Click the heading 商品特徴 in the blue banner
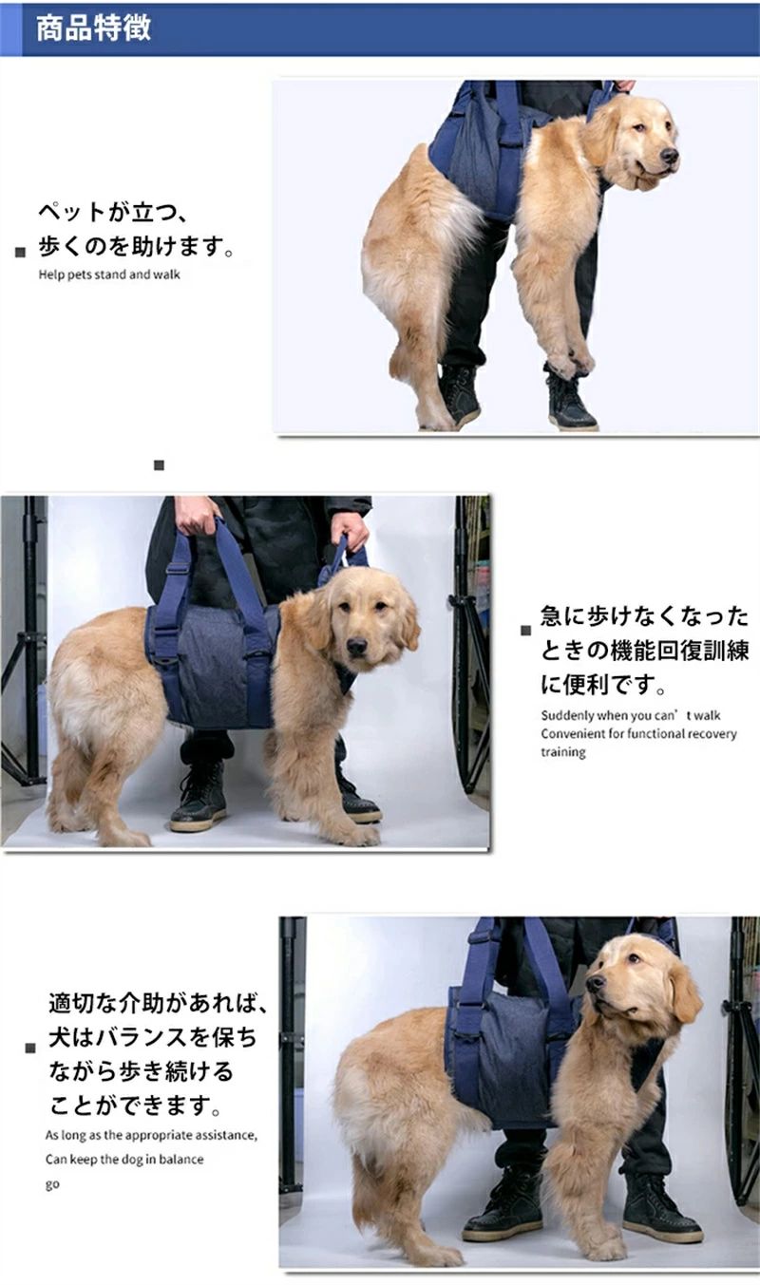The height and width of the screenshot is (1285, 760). pos(93,28)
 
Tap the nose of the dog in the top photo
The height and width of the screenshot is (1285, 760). pos(669,156)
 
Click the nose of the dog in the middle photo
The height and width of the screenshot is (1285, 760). pos(356,647)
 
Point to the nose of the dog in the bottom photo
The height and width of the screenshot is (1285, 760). pos(596,983)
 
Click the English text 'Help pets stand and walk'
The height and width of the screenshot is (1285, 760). pos(109,274)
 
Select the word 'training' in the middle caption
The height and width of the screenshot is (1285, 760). pos(563,752)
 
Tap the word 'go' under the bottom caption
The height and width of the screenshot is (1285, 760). pos(52,1185)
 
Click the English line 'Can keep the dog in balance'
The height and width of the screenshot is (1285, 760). pos(124,1160)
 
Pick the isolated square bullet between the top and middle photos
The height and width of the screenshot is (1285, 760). pos(159,465)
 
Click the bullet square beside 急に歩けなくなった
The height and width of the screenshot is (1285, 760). pos(525,631)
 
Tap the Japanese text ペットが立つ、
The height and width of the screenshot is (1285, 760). pos(112,212)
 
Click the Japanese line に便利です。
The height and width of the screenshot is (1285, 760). pos(602,685)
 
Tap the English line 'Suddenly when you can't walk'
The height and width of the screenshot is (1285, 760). pos(630,715)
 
